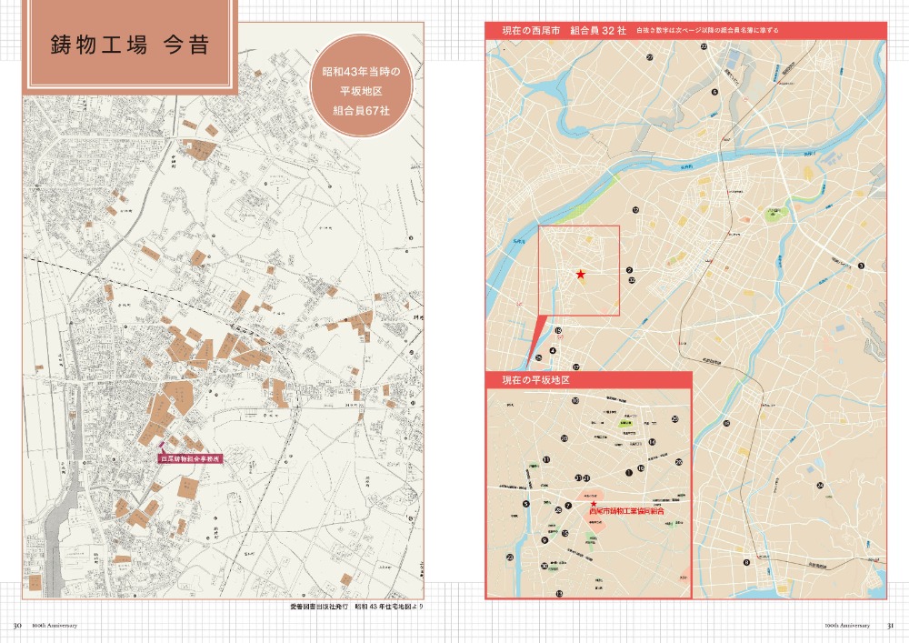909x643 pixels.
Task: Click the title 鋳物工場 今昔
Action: [x=129, y=45]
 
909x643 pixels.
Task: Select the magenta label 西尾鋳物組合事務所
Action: [x=191, y=460]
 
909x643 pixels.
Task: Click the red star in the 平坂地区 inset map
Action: [x=594, y=503]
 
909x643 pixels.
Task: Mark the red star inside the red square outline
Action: [x=580, y=274]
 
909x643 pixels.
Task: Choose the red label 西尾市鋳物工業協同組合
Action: [x=626, y=513]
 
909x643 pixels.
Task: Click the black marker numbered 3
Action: [x=860, y=266]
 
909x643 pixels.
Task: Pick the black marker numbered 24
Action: [x=820, y=486]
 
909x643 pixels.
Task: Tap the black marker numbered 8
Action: [x=746, y=562]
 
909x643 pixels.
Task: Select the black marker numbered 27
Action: [x=650, y=57]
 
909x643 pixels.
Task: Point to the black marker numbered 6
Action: [x=715, y=92]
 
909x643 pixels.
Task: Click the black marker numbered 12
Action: [x=636, y=210]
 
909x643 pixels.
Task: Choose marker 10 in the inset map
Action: [x=575, y=400]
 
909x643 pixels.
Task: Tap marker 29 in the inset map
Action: [x=674, y=418]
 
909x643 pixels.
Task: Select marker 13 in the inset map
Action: [x=559, y=593]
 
